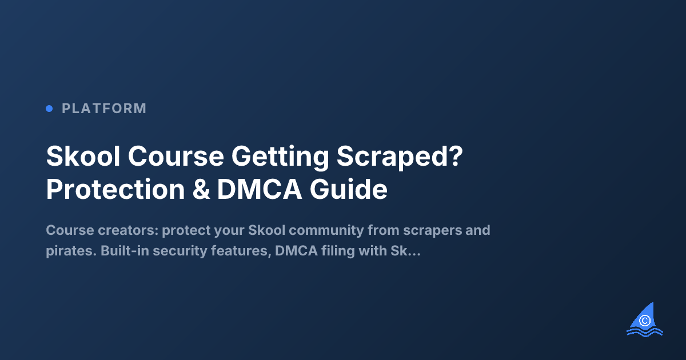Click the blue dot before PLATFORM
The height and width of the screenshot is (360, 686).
coord(49,108)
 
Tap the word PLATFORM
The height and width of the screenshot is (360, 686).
coord(104,108)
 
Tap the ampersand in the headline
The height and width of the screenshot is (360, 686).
coord(200,190)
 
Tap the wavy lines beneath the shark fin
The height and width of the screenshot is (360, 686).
coord(645,331)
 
